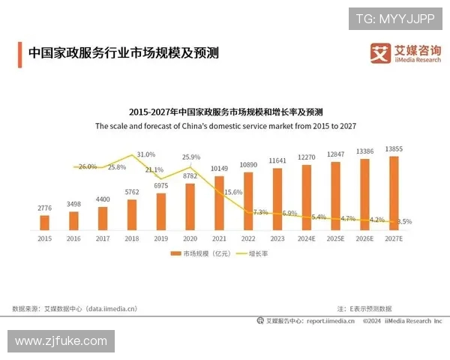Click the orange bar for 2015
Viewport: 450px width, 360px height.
(44, 222)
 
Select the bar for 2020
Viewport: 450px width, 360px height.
(190, 206)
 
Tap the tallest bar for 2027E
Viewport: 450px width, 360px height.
(393, 192)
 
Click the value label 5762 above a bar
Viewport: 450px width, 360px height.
(132, 192)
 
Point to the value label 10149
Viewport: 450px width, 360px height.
(219, 168)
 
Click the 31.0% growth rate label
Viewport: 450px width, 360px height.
(145, 154)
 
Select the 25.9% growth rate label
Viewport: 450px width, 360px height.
(191, 157)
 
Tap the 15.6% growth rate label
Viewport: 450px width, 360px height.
(233, 193)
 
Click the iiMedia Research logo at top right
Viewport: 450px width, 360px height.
(406, 53)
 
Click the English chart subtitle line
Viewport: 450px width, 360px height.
(225, 127)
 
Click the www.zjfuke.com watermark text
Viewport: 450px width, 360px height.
(61, 341)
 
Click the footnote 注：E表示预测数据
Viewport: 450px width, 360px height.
(364, 308)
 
